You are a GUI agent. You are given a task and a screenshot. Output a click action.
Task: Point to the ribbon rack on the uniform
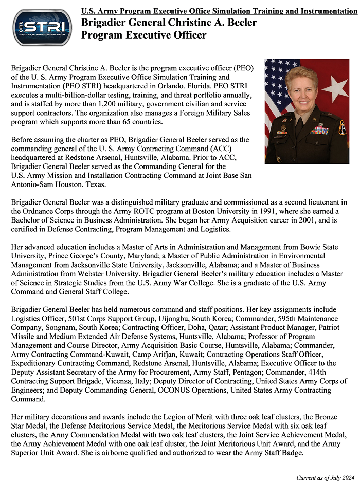point(319,129)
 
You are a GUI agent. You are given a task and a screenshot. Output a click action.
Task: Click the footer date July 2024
point(338,478)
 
